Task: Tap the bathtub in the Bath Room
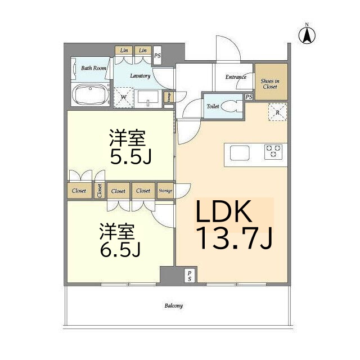coord(92,94)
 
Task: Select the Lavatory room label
coord(139,75)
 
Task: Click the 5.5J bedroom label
coord(130,147)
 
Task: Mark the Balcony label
coord(173,306)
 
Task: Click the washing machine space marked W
coord(124,97)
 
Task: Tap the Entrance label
coord(236,77)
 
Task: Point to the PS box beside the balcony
coord(190,276)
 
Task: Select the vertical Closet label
coord(100,191)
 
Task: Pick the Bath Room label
coord(93,68)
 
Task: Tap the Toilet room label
coord(213,106)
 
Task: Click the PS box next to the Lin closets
coord(157,55)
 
